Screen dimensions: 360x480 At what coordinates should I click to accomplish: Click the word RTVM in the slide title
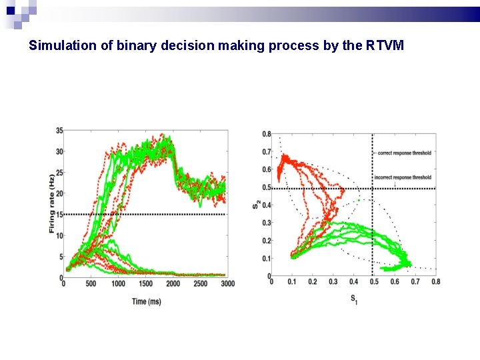point(385,47)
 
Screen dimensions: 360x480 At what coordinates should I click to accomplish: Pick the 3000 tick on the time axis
point(227,284)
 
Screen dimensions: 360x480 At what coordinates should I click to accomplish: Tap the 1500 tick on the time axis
point(145,284)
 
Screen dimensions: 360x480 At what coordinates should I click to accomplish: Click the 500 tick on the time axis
point(91,284)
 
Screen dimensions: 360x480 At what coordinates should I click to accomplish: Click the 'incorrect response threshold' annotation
point(403,177)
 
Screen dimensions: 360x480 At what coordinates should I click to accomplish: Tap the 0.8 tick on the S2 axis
point(266,134)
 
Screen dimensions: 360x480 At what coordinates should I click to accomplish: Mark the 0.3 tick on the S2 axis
point(266,223)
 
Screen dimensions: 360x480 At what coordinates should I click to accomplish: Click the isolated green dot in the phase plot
point(358,200)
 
